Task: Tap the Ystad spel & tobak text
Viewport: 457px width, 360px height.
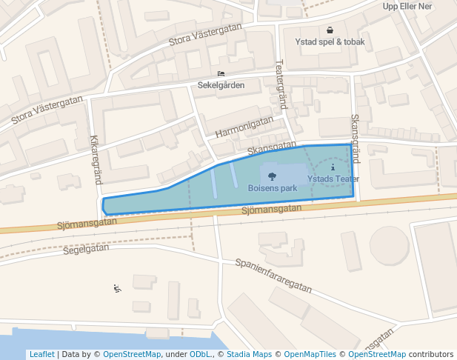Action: click(330, 42)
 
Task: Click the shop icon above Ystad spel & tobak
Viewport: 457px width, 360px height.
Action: click(330, 30)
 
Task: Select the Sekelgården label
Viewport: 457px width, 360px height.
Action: click(221, 85)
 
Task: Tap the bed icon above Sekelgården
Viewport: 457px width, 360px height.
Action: click(221, 73)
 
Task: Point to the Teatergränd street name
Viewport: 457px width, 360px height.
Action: click(281, 85)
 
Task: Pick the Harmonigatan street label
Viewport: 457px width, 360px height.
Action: click(244, 127)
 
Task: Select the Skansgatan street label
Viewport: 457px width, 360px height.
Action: click(272, 148)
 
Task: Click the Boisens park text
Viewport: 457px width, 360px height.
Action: click(273, 188)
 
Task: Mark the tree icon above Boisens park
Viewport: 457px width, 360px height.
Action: click(273, 176)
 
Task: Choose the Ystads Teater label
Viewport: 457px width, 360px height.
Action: click(333, 179)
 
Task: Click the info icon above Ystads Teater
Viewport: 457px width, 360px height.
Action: click(333, 169)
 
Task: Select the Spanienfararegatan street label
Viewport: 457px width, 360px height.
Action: click(273, 274)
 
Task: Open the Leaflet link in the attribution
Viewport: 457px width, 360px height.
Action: click(41, 355)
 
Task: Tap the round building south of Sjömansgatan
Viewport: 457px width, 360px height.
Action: click(390, 245)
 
